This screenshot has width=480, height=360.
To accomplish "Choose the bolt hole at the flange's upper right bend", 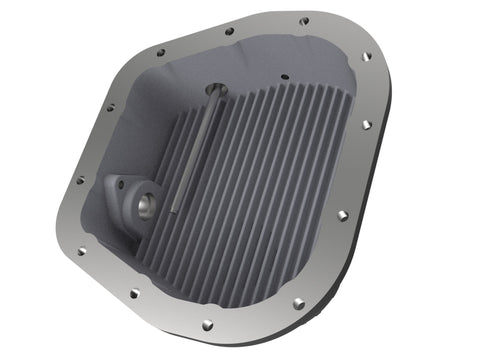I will (x=366, y=57).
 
